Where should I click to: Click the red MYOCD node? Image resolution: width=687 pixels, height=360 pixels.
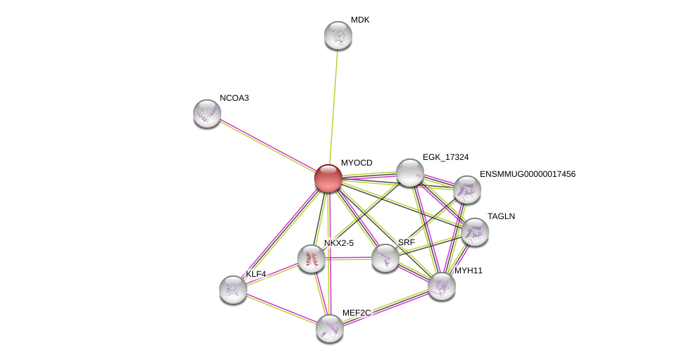click(328, 178)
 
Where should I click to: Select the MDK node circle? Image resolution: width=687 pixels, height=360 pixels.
click(338, 35)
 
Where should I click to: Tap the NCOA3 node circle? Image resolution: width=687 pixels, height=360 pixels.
click(207, 113)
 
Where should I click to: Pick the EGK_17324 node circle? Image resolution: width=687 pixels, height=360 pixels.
click(410, 173)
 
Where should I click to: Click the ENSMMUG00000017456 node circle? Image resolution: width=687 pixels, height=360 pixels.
click(467, 190)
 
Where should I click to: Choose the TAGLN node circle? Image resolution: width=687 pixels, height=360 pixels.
click(475, 232)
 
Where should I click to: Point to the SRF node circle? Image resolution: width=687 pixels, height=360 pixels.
click(385, 258)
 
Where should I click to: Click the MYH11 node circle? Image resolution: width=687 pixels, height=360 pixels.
click(442, 285)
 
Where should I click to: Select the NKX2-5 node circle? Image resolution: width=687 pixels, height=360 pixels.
click(311, 259)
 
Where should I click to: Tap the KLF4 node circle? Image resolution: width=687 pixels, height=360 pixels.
click(233, 290)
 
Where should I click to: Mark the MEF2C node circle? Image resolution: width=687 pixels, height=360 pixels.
click(330, 328)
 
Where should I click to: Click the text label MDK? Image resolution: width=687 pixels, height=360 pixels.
click(360, 20)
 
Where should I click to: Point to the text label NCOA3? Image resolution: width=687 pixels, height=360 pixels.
click(234, 98)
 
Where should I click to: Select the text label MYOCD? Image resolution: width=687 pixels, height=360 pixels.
click(357, 163)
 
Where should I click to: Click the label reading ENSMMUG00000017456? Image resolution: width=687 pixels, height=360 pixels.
click(528, 174)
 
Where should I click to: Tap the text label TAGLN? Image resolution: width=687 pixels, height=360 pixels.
click(501, 216)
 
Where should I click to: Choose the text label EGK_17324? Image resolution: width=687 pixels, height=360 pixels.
click(445, 157)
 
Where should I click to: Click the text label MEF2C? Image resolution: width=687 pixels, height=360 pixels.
click(357, 313)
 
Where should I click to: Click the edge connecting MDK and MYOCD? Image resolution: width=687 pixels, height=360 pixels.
click(333, 106)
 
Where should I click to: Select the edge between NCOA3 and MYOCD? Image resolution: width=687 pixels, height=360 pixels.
click(268, 146)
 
